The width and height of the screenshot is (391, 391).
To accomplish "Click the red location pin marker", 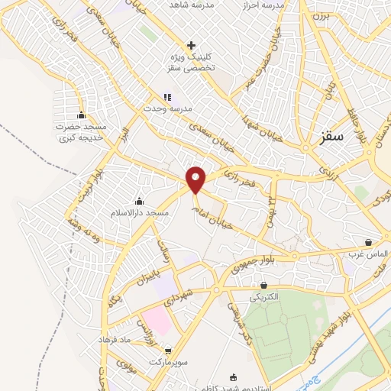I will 196,179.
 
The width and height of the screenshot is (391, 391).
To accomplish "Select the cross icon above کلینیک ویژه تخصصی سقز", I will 191,45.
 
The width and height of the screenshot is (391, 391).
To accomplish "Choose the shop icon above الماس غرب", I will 369,242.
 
